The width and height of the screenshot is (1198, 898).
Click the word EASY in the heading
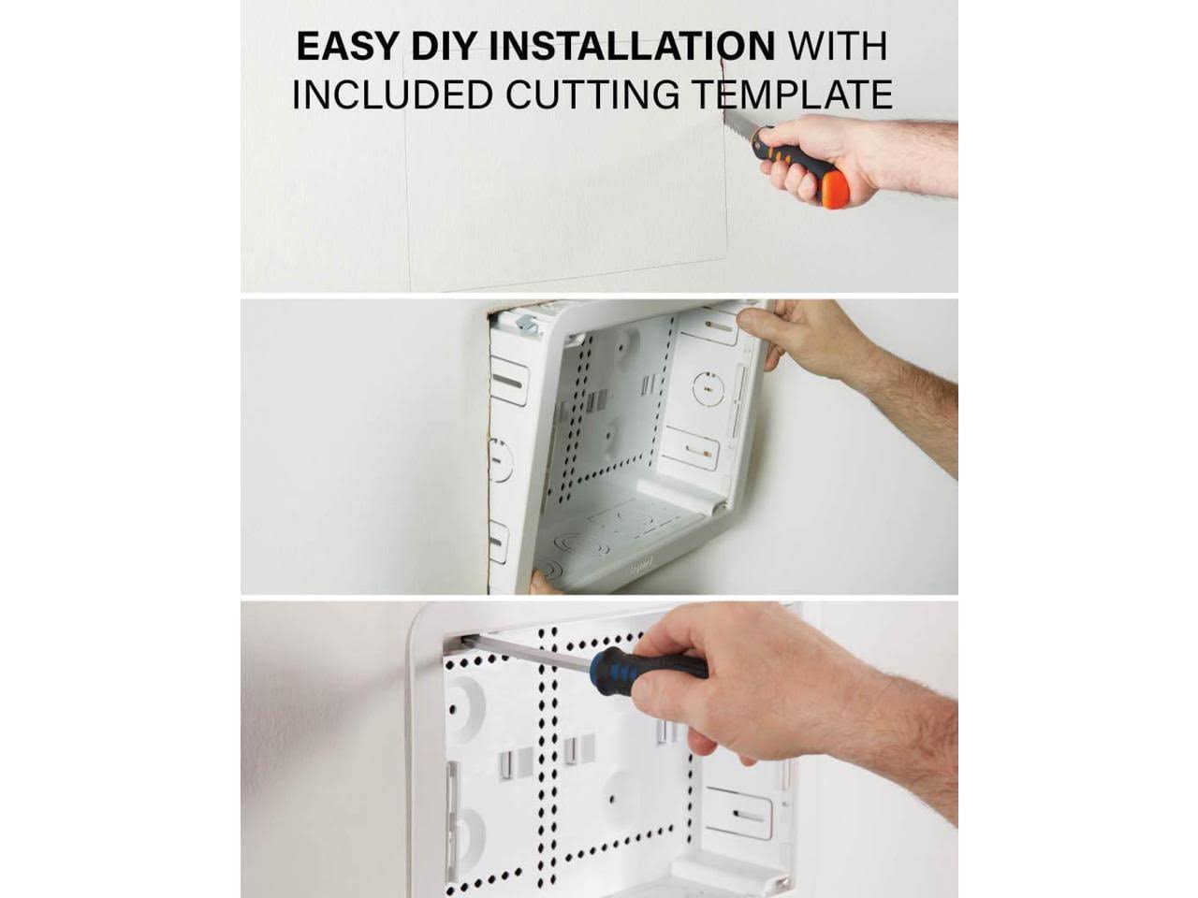(x=346, y=46)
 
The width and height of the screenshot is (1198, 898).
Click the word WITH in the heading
(x=838, y=46)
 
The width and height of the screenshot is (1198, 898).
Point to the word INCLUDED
(x=393, y=94)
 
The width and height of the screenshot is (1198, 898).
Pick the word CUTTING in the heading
(x=592, y=94)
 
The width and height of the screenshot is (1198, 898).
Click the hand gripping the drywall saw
(x=819, y=161)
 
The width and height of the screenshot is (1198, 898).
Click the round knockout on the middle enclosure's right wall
(x=708, y=389)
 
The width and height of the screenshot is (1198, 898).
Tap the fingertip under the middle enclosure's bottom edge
(x=541, y=584)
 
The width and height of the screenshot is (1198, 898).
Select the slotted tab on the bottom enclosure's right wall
(x=740, y=814)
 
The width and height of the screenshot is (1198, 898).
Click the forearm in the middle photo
(x=912, y=414)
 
